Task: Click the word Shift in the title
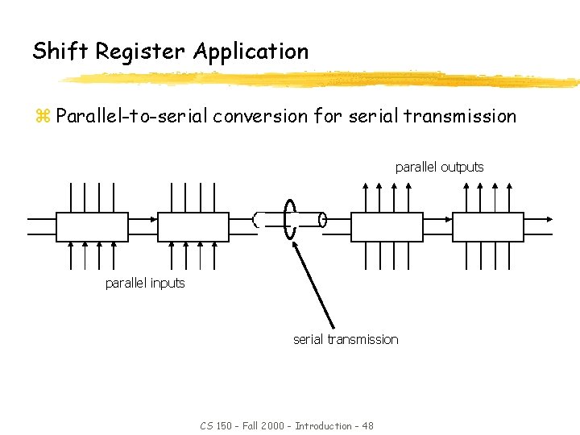[60, 52]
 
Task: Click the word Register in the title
[142, 52]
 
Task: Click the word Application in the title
[251, 52]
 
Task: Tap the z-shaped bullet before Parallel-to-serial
[42, 116]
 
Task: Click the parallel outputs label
[439, 168]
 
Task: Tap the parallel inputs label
[145, 284]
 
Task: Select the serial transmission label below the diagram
[345, 340]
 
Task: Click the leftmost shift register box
[90, 226]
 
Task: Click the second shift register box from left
[193, 226]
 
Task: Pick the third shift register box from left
[386, 226]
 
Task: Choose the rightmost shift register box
[488, 226]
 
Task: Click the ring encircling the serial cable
[290, 219]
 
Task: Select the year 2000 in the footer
[271, 425]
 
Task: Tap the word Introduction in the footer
[323, 425]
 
